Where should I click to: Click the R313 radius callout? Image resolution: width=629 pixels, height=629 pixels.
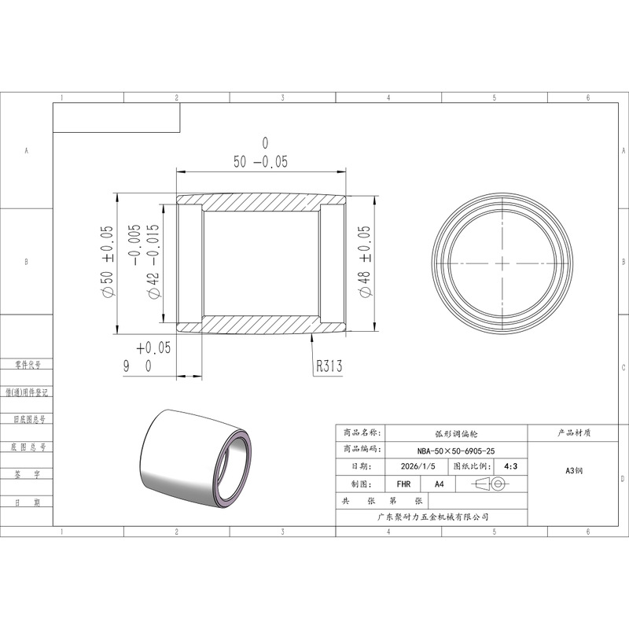tap(329, 366)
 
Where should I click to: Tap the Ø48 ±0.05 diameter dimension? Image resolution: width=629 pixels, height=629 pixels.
tap(365, 262)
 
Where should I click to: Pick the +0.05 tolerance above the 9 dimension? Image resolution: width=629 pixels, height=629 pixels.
tap(153, 348)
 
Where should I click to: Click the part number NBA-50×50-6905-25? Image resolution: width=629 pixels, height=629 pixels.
tap(456, 451)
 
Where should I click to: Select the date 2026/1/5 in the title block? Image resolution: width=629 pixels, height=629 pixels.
tap(417, 466)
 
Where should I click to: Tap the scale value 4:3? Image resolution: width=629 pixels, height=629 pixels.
tap(510, 466)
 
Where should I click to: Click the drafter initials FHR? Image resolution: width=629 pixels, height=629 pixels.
tap(403, 484)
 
